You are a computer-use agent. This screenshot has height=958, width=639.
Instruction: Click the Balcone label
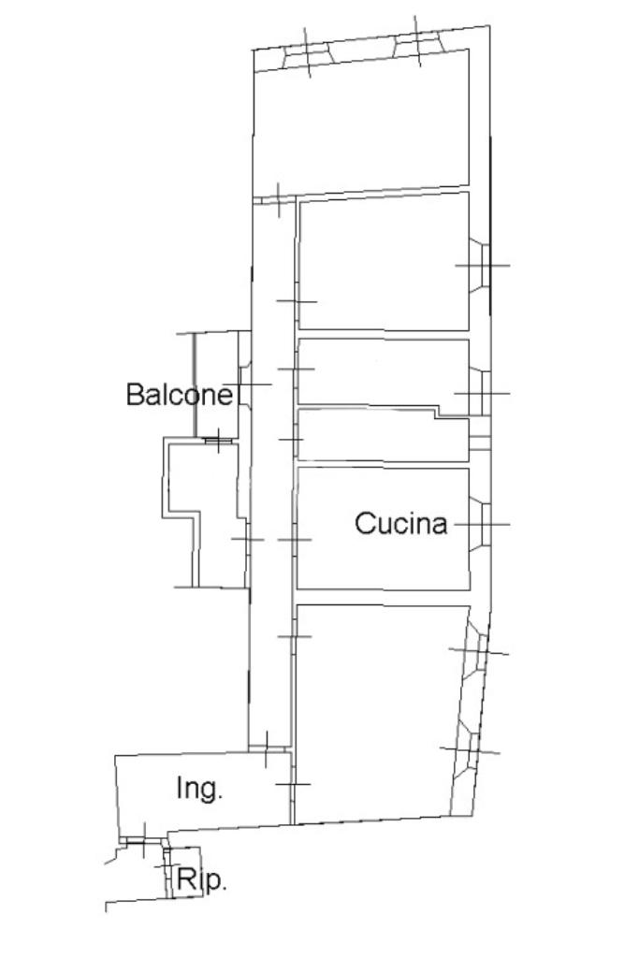tap(180, 395)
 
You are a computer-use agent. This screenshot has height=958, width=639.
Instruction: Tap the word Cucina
tap(400, 524)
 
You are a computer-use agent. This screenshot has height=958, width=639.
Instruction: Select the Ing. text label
tap(200, 789)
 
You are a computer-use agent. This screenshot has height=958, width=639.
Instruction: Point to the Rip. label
tap(201, 880)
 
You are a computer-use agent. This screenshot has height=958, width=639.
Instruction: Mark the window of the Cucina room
tap(481, 525)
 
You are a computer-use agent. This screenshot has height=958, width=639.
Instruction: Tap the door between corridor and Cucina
tap(295, 540)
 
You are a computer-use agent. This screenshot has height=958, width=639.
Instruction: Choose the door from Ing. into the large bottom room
tap(292, 784)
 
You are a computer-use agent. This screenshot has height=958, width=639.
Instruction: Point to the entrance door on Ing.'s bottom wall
tap(143, 841)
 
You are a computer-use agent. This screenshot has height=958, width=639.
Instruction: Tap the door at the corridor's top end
tap(278, 199)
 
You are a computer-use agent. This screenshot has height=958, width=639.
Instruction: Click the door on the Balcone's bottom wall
tap(217, 440)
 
